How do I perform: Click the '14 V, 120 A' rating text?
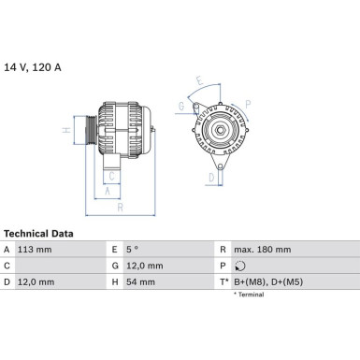coord(33,67)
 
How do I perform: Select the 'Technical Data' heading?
coord(38,234)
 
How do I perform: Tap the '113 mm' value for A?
coord(35,250)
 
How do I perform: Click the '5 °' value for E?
coord(132,250)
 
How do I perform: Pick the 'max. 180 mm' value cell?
coord(263,250)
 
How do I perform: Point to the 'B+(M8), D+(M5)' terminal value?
coord(268,282)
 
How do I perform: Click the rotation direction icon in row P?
coord(240,266)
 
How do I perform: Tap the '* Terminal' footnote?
coord(249,295)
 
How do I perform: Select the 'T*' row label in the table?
coord(224,282)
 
